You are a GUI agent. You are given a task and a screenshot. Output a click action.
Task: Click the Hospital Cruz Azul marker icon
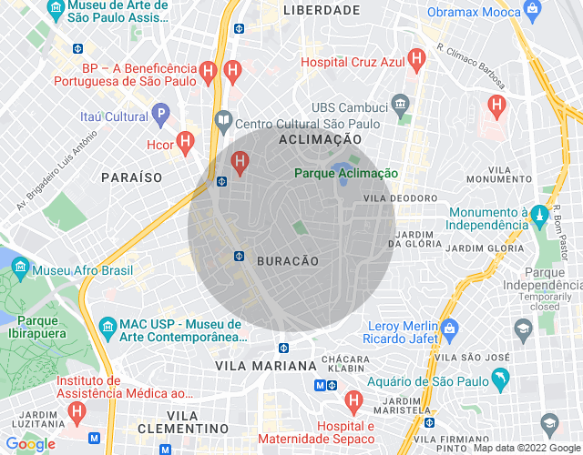tap(417, 61)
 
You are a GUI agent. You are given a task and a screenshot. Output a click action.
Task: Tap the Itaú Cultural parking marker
tap(161, 116)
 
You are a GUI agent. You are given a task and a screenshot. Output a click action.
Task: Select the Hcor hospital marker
tap(186, 142)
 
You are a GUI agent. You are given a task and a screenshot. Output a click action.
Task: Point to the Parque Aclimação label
tap(346, 173)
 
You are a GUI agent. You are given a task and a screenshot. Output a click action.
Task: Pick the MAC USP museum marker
tap(107, 326)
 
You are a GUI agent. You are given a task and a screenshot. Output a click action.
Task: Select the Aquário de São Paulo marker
tap(498, 377)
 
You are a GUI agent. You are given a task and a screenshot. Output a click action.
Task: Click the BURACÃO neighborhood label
tap(289, 261)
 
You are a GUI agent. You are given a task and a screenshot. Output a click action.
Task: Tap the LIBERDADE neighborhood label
tap(322, 10)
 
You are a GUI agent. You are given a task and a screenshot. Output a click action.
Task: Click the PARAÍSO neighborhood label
tap(131, 177)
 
